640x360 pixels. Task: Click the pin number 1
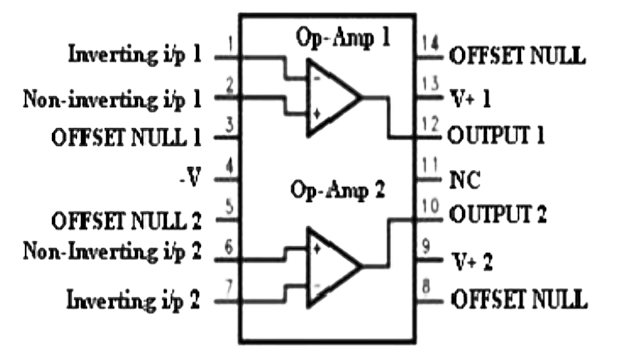coord(231,45)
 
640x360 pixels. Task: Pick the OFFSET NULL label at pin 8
coord(517,298)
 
